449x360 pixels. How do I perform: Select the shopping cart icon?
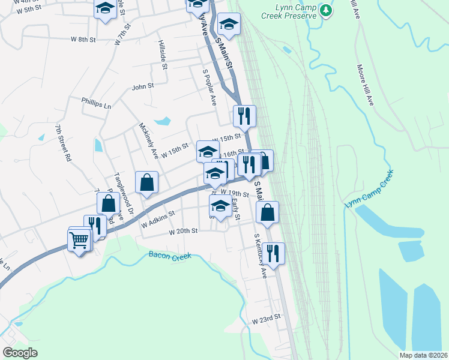click(x=80, y=241)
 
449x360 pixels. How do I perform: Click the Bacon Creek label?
click(x=169, y=256)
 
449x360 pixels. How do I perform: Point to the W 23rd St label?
click(x=267, y=321)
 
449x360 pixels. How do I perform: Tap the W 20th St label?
click(x=183, y=232)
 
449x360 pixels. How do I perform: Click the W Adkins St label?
click(x=157, y=218)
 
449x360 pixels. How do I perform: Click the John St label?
click(x=143, y=86)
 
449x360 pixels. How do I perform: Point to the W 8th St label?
click(x=83, y=40)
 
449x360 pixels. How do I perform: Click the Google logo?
click(x=19, y=353)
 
